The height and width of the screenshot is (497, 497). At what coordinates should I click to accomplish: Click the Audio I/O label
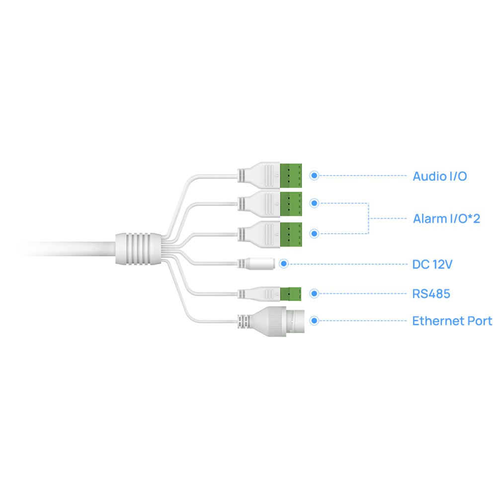(440, 176)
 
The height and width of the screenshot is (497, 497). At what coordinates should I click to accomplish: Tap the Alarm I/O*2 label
(446, 218)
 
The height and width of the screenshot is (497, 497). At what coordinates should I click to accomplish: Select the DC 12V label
(432, 264)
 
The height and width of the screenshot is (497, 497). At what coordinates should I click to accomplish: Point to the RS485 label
(431, 294)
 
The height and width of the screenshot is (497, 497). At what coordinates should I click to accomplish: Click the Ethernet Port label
(452, 321)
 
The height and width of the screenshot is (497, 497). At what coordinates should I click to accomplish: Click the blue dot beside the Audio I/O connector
(314, 175)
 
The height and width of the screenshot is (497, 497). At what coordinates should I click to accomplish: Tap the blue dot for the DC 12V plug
(284, 264)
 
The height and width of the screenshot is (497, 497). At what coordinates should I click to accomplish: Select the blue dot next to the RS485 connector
(314, 294)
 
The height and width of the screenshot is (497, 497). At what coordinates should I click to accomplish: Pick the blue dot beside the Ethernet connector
(314, 321)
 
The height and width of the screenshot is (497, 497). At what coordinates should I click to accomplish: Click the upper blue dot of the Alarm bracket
(314, 203)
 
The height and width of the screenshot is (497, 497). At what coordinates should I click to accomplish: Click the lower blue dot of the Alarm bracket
(314, 234)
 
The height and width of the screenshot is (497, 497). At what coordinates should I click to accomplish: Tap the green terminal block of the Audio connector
(291, 175)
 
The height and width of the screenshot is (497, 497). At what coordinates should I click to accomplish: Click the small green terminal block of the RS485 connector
(290, 294)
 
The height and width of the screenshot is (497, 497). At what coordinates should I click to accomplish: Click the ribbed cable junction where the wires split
(138, 249)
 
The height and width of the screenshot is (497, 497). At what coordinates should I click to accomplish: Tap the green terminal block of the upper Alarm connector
(291, 204)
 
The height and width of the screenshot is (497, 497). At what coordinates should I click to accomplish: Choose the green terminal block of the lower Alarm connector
(291, 235)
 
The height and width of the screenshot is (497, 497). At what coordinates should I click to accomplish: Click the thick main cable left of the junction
(68, 249)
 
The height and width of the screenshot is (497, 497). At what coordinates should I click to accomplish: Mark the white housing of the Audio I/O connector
(259, 175)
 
